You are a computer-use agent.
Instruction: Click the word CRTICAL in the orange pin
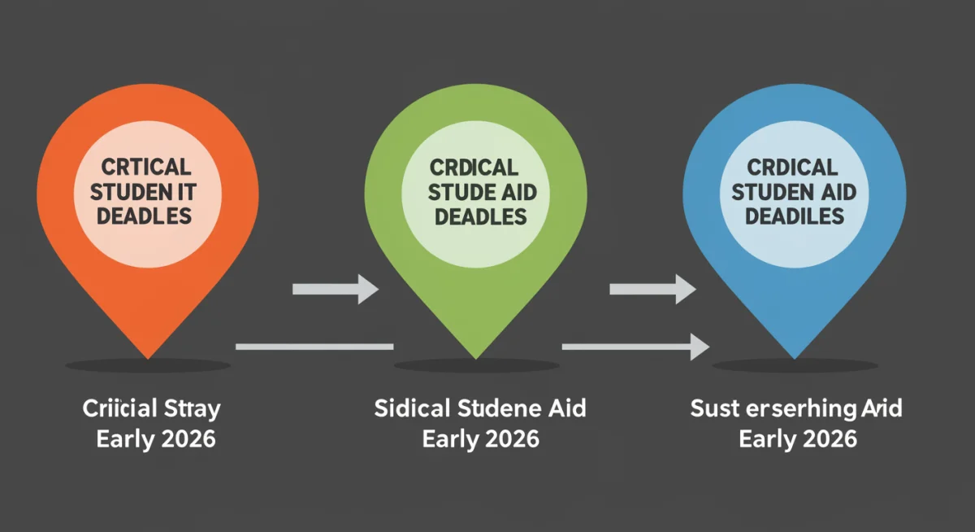pos(146,167)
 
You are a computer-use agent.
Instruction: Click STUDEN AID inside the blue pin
pos(795,192)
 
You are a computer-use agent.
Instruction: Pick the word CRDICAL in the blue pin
pos(795,168)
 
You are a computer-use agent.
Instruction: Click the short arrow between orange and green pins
pos(335,288)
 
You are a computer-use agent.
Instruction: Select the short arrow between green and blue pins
pos(652,288)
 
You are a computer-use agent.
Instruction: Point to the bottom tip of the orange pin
pos(147,356)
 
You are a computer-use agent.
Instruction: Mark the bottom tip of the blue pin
pos(795,356)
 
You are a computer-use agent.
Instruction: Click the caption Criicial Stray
pos(151,408)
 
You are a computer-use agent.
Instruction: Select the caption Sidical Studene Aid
pos(479,408)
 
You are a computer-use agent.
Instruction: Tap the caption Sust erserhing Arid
pos(796,408)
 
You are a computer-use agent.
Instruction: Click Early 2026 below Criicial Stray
pos(156,439)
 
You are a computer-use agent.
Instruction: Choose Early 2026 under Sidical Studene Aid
pos(479,439)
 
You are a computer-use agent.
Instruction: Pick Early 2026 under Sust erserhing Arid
pos(798,439)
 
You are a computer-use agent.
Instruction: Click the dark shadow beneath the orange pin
pos(147,366)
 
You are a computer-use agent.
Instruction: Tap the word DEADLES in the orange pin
pos(146,216)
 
